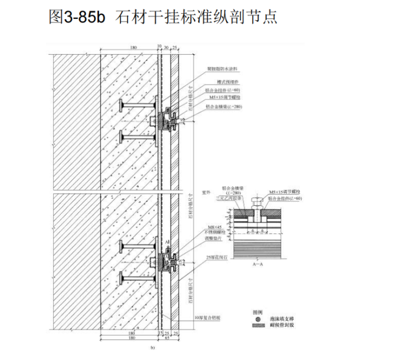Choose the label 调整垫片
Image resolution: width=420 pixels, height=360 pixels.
point(215,238)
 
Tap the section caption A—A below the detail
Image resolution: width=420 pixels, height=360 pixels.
point(258,265)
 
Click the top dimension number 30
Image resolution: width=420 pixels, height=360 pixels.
point(166,48)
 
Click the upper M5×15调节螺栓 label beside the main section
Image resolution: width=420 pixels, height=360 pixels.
point(221,98)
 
